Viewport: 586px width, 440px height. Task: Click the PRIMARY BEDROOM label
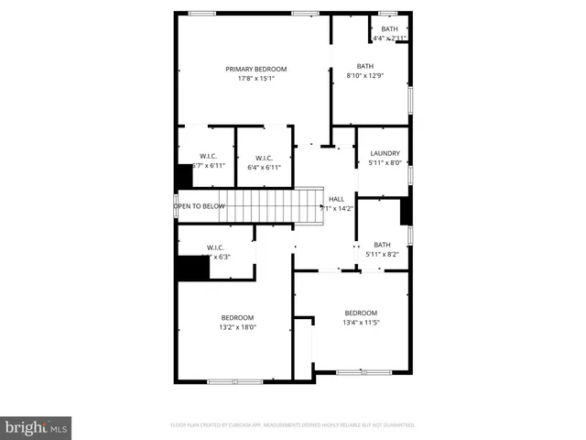click(256, 70)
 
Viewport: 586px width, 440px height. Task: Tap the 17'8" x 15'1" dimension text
click(256, 79)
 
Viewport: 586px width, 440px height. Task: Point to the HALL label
click(336, 199)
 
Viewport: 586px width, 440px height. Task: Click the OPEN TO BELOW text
click(200, 206)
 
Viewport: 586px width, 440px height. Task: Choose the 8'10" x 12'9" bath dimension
click(365, 75)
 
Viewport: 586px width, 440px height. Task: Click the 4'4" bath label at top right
click(390, 29)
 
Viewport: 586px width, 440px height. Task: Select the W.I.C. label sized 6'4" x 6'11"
click(264, 158)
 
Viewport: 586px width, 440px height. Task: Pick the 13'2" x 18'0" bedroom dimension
click(237, 327)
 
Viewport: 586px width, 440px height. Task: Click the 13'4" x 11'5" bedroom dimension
click(361, 322)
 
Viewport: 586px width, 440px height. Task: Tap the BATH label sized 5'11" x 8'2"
click(382, 245)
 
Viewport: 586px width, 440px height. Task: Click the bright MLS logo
click(37, 427)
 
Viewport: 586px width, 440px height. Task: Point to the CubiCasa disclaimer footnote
click(293, 425)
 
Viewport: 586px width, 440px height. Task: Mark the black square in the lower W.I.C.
click(193, 269)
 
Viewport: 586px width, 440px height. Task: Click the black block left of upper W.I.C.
click(184, 176)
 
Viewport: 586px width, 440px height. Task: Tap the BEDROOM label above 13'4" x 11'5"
click(361, 313)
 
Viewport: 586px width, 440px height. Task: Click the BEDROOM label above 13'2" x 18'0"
click(237, 318)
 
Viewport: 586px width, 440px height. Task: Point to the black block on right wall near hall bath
click(407, 212)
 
